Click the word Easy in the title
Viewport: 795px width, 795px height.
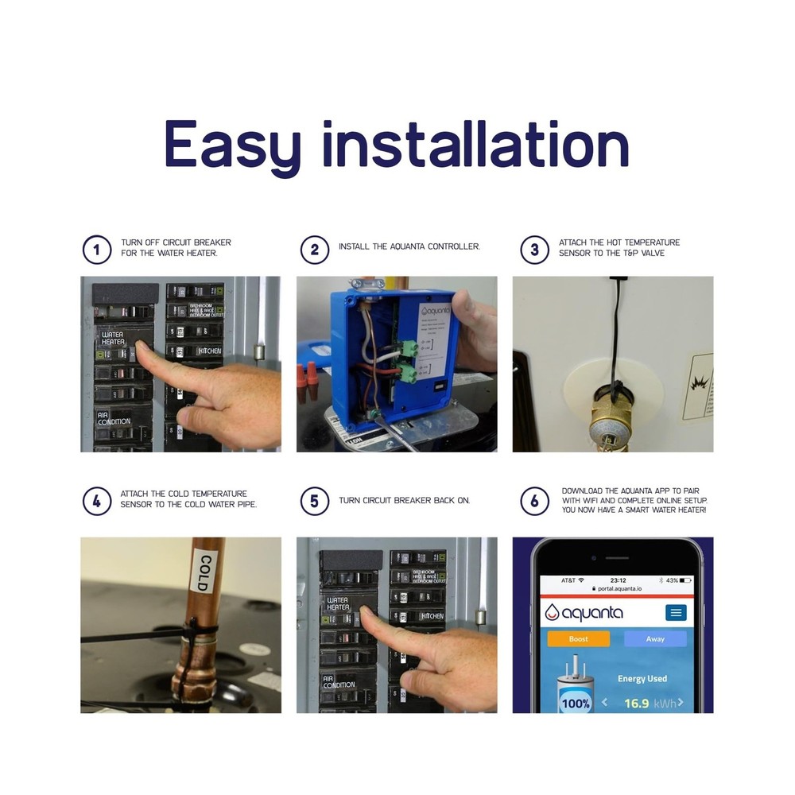coord(232,145)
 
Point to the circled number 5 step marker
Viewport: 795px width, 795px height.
coord(315,502)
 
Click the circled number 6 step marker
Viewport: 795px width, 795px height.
coord(534,502)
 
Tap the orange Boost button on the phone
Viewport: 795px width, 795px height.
coord(579,638)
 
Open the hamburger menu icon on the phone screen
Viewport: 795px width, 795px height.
coord(676,612)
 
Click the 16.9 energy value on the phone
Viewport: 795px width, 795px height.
coord(637,703)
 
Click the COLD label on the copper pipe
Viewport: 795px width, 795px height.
coord(203,572)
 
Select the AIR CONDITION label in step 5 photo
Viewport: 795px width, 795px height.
coord(339,681)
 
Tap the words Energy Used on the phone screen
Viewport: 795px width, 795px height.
coord(642,678)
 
